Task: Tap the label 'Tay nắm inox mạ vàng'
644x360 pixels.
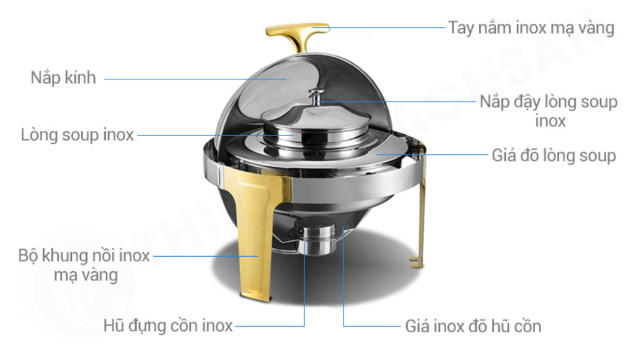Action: click(x=531, y=28)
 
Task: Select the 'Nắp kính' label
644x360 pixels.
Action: click(x=64, y=77)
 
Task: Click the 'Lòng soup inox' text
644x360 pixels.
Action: click(x=77, y=135)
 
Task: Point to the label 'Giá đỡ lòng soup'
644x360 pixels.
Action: click(x=553, y=155)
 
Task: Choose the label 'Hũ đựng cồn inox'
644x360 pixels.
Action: click(x=168, y=325)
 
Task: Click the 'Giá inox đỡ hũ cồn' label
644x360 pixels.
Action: click(x=473, y=326)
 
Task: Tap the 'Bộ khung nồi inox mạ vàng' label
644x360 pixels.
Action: click(x=84, y=265)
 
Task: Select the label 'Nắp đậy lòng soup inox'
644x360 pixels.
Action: click(x=548, y=111)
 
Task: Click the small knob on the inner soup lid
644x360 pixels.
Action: click(x=316, y=97)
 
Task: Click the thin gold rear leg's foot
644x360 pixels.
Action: click(x=416, y=262)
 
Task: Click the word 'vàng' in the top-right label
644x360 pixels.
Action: click(x=596, y=28)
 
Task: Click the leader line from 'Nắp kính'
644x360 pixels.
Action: click(x=195, y=79)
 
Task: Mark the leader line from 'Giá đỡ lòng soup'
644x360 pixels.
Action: click(x=431, y=155)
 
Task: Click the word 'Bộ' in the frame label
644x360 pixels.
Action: click(x=28, y=256)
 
